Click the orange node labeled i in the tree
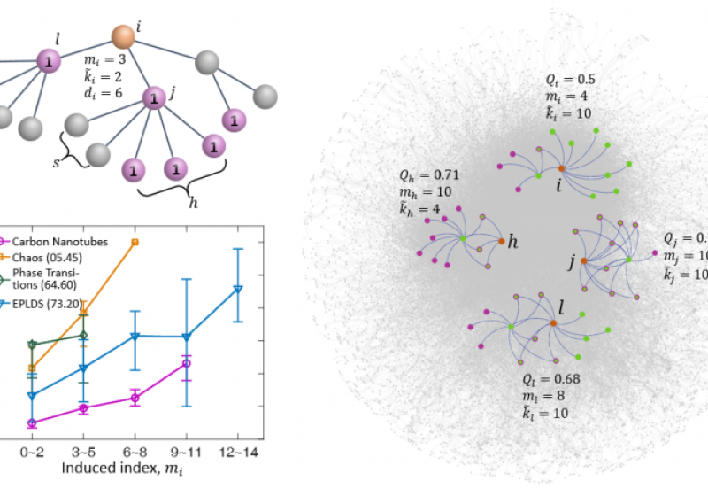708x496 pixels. pyautogui.click(x=123, y=36)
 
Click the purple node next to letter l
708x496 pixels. pyautogui.click(x=50, y=61)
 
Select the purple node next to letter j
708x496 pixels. pyautogui.click(x=155, y=97)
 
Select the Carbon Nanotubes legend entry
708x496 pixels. pyautogui.click(x=54, y=240)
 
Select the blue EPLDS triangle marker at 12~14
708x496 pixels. pyautogui.click(x=237, y=289)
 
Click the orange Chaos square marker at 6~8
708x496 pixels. pyautogui.click(x=135, y=241)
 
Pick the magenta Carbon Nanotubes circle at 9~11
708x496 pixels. pyautogui.click(x=187, y=363)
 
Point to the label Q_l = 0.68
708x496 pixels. pyautogui.click(x=553, y=380)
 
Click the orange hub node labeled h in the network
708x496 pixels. pyautogui.click(x=501, y=241)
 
